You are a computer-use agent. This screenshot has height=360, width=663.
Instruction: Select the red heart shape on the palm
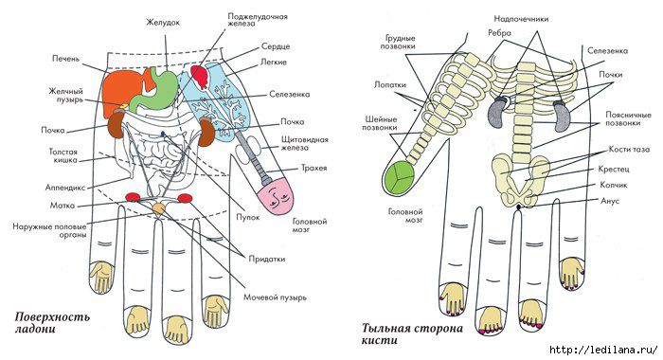[x=200, y=76]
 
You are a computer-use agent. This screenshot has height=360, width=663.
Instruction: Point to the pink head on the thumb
[x=276, y=196]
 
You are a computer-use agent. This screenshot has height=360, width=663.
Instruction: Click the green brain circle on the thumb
[x=400, y=178]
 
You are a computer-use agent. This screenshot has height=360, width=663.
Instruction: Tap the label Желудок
[x=163, y=23]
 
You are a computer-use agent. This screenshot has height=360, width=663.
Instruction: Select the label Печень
[x=65, y=59]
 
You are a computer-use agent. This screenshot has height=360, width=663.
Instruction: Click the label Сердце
[x=276, y=46]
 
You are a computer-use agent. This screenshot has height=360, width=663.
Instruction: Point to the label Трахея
[x=314, y=168]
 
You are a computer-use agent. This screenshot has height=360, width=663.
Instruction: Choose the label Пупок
[x=248, y=217]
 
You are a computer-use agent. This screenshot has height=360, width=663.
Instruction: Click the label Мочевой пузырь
[x=275, y=297]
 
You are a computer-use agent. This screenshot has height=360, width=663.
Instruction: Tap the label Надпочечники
[x=521, y=19]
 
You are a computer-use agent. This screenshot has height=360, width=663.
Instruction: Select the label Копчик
[x=613, y=185]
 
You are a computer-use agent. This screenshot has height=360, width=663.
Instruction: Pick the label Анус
[x=610, y=201]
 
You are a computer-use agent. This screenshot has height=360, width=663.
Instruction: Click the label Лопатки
[x=390, y=84]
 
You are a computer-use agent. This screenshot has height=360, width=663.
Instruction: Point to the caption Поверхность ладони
[x=52, y=322]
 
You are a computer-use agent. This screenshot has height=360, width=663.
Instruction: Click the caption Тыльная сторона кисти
[x=412, y=333]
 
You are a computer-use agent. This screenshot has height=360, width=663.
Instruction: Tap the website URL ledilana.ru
[x=603, y=350]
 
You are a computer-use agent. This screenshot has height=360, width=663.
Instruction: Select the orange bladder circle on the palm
[x=158, y=208]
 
